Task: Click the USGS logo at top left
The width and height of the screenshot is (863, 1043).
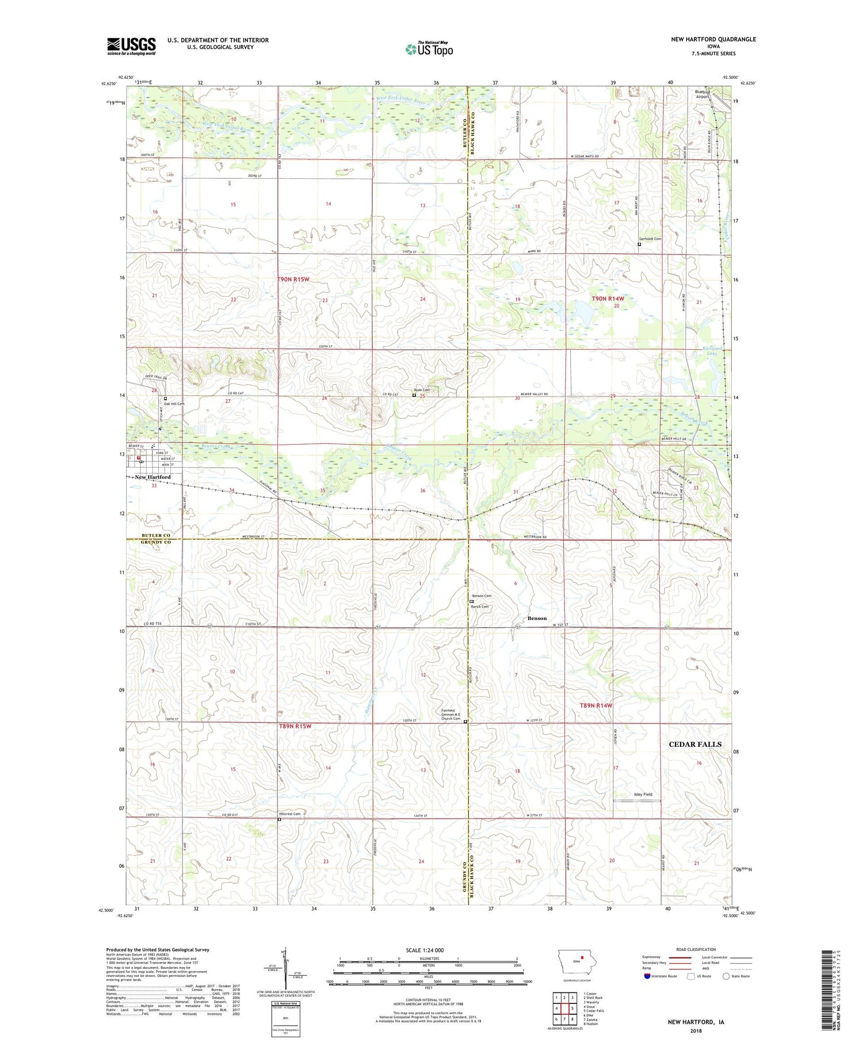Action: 131,46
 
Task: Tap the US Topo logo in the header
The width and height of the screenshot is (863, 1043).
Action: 429,49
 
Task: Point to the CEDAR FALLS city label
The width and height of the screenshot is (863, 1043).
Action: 694,744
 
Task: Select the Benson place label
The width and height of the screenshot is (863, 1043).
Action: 537,618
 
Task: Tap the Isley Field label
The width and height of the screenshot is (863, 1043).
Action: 643,794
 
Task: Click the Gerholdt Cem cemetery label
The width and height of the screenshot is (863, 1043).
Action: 650,239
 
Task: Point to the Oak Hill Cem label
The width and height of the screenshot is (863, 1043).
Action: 174,404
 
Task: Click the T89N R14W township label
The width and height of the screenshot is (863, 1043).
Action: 595,705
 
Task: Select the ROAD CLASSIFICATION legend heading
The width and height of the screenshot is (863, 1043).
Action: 696,950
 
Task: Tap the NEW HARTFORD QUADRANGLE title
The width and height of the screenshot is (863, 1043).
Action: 713,39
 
